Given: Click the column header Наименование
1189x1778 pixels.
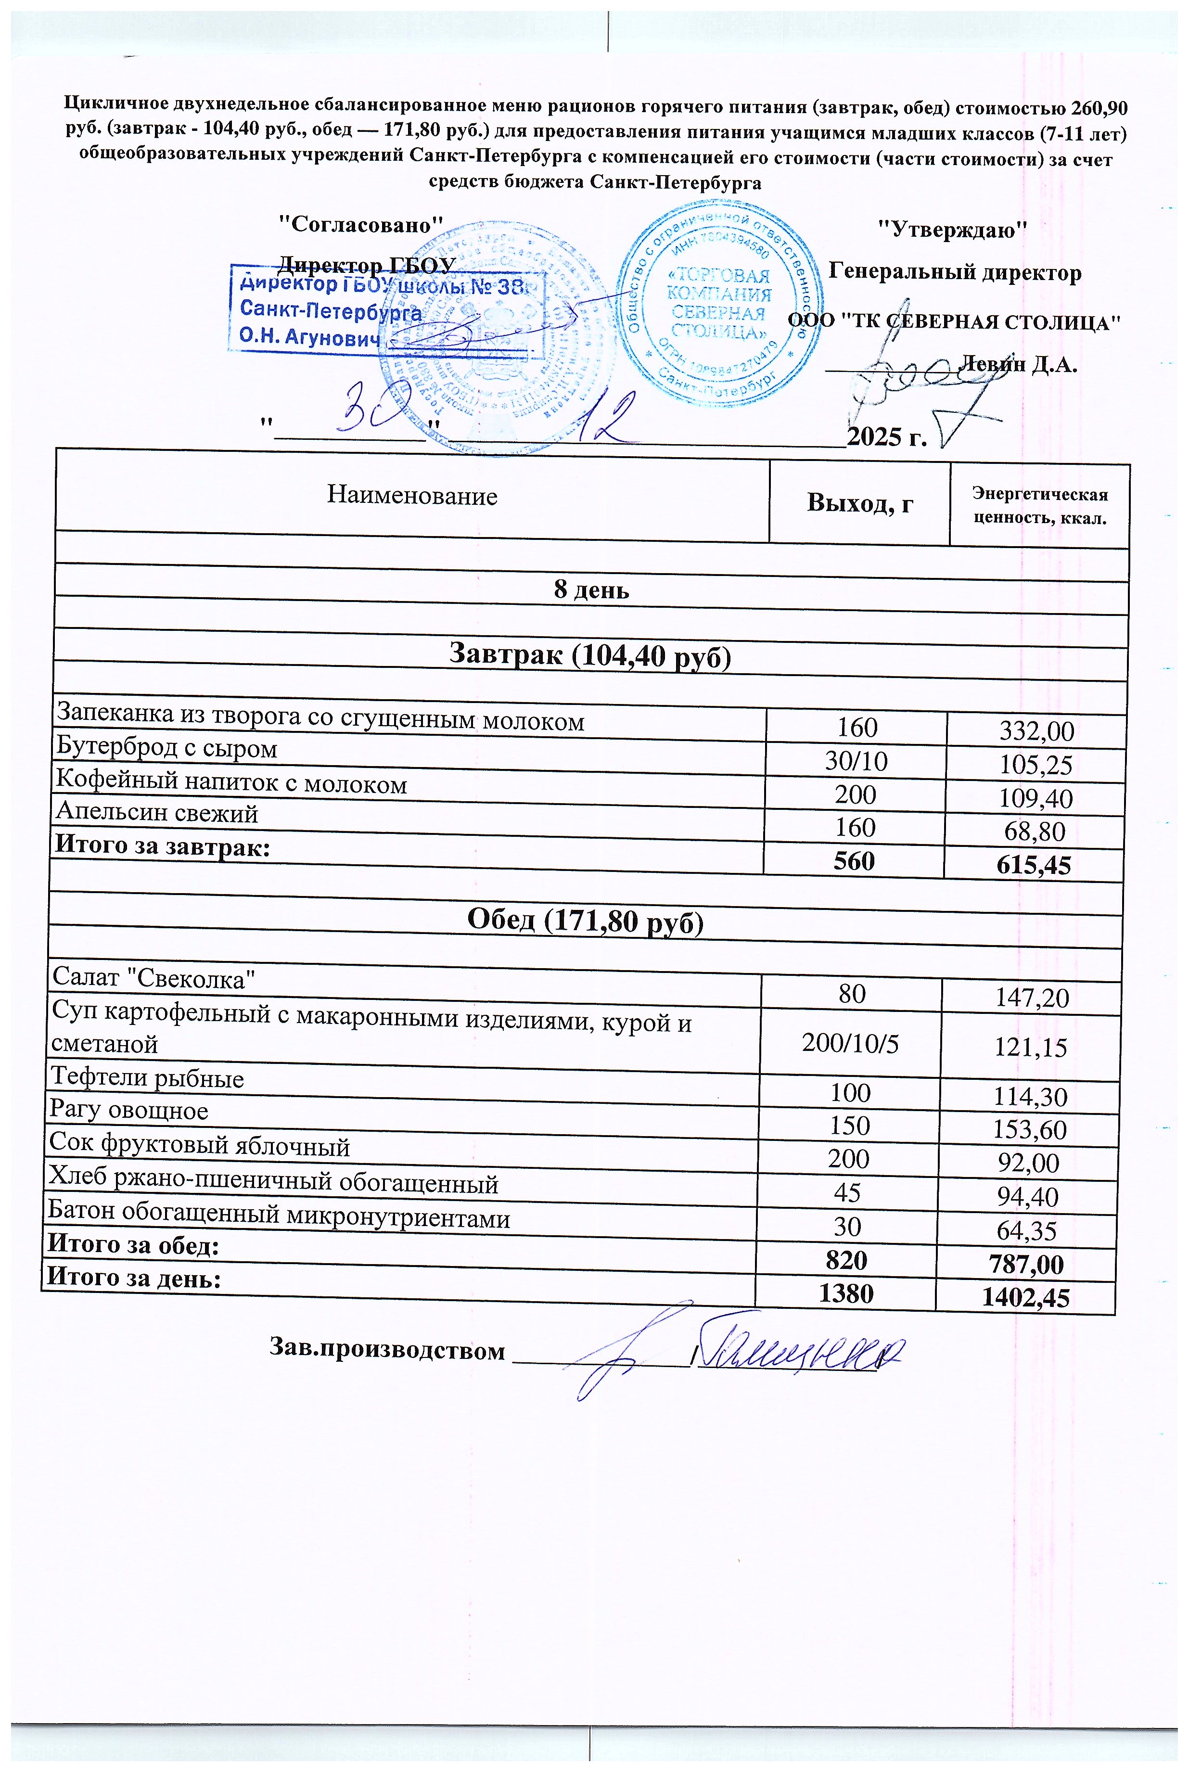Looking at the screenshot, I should click(412, 496).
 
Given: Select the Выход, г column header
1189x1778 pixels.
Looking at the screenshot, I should click(859, 503).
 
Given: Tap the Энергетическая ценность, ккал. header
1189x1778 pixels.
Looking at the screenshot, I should click(1040, 507).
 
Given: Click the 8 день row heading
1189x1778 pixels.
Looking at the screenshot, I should click(591, 590).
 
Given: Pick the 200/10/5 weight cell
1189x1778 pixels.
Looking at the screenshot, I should click(851, 1044).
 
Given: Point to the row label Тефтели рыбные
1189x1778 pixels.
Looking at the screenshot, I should click(147, 1078).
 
